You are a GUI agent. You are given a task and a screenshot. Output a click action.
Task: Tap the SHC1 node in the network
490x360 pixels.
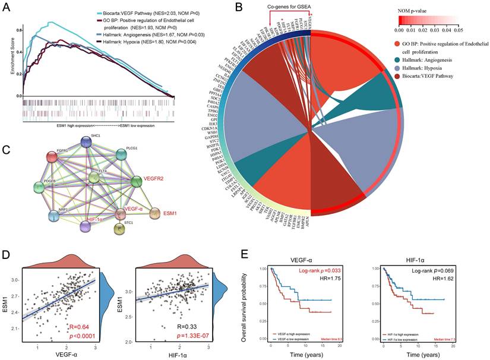pos(87,141)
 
